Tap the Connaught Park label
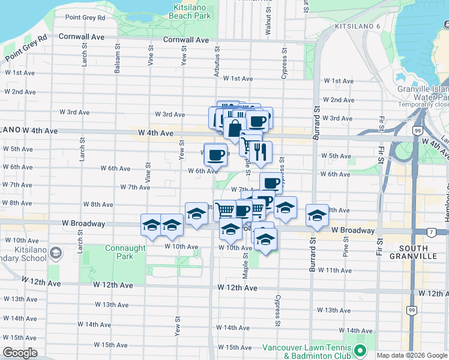pos(125,252)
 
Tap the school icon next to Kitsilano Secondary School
pos(55,253)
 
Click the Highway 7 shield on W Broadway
pos(430,232)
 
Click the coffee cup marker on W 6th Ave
pos(216,154)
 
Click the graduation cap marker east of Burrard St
pos(317,215)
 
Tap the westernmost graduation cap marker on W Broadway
pos(151,225)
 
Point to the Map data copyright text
pos(412,355)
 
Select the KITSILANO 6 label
pos(358,27)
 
